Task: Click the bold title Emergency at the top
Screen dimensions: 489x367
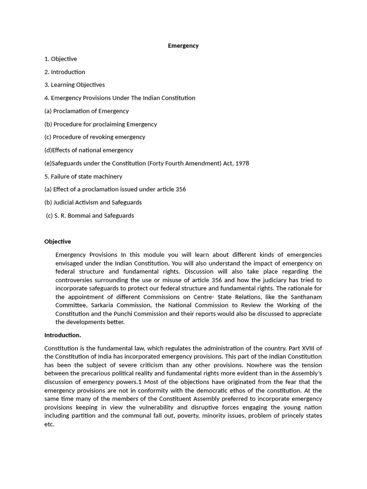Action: click(183, 46)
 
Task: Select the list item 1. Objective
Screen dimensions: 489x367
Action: click(60, 59)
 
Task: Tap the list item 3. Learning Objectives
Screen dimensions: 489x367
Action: click(74, 85)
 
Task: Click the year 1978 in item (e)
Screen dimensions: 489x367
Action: click(242, 163)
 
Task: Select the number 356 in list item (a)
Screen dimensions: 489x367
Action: click(181, 189)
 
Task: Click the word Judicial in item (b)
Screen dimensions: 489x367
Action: click(65, 202)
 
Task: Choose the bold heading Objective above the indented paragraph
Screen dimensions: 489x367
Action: click(57, 242)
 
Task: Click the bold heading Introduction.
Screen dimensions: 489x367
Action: click(63, 335)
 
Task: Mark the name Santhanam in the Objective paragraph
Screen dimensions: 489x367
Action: click(304, 297)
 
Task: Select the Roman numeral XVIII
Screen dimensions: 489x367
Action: click(304, 348)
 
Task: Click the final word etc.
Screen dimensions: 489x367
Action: click(49, 424)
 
